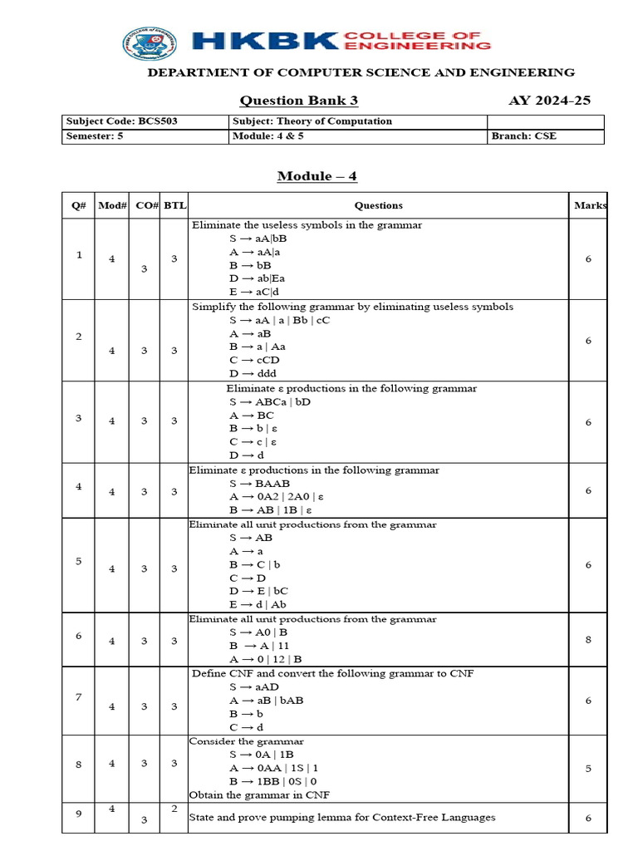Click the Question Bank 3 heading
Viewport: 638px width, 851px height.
[x=298, y=101]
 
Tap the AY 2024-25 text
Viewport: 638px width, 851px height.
[x=549, y=101]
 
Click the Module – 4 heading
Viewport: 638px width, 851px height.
[x=317, y=176]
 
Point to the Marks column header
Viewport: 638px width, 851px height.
[x=589, y=205]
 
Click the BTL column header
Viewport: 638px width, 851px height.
[x=174, y=205]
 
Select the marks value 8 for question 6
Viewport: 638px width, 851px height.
[x=588, y=640]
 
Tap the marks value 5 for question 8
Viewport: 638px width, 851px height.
[x=588, y=769]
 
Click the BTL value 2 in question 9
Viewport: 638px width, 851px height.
[x=174, y=809]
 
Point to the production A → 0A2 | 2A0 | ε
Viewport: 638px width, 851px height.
[x=276, y=496]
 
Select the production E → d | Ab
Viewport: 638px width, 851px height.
[x=258, y=604]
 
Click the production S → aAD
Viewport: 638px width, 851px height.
[x=254, y=686]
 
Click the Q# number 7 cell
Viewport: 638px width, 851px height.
[x=79, y=696]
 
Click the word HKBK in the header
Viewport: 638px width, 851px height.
[x=264, y=42]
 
